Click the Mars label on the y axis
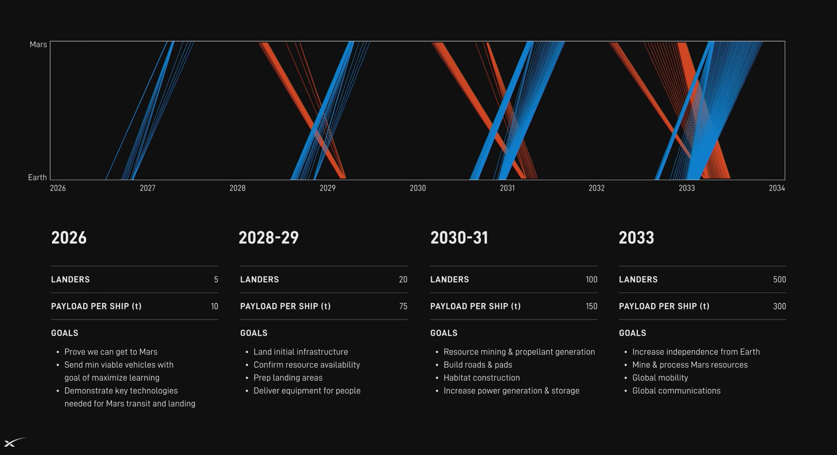[x=38, y=44]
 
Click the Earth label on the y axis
[x=37, y=177]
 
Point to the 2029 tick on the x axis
[x=327, y=188]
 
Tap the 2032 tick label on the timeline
[x=597, y=188]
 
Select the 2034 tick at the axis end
[x=777, y=188]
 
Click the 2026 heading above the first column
[x=69, y=238]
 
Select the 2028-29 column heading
[x=269, y=238]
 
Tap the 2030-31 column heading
[x=459, y=238]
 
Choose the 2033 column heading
[x=636, y=238]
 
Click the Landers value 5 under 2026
[x=216, y=279]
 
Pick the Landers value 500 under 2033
[x=779, y=279]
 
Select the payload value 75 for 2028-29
[x=403, y=306]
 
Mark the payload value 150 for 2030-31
[x=591, y=306]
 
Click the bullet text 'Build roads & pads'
[x=478, y=365]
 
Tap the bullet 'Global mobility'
[x=660, y=378]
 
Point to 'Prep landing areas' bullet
[x=288, y=378]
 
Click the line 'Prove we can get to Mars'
[x=111, y=352]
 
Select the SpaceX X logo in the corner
[x=14, y=442]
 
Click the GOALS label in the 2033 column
[x=633, y=333]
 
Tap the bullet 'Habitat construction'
[x=482, y=378]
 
